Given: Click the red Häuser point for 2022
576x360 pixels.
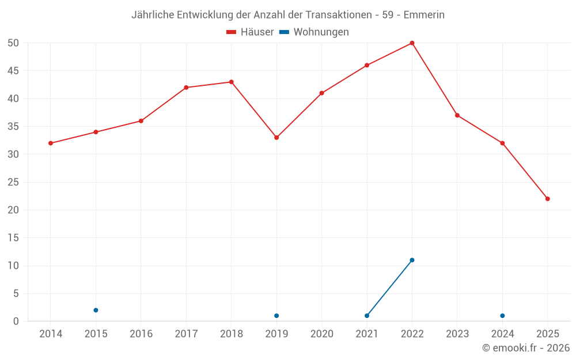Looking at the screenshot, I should [x=412, y=43].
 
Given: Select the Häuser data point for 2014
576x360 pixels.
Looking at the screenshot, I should [x=51, y=143].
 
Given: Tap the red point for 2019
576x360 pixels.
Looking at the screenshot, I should [x=276, y=138].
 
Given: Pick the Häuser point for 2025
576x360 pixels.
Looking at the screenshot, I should [x=548, y=199].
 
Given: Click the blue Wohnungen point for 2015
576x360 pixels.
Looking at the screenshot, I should [x=96, y=310].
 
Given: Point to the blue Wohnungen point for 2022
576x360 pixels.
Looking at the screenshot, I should [x=412, y=260].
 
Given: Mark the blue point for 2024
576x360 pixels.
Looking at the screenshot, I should [x=502, y=316].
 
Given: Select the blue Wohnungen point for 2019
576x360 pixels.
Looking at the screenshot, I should [x=276, y=316].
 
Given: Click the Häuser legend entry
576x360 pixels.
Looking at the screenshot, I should [x=250, y=32].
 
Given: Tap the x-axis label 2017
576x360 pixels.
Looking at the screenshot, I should [x=186, y=334].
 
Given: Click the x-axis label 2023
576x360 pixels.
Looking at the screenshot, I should [x=457, y=334].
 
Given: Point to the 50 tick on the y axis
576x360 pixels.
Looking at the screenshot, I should [x=14, y=43].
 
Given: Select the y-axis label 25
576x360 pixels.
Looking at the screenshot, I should [x=14, y=182].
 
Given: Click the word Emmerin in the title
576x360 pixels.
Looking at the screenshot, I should [x=424, y=15].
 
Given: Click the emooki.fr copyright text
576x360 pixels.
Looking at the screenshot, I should [x=526, y=348].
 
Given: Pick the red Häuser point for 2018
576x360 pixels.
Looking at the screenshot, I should [x=232, y=82].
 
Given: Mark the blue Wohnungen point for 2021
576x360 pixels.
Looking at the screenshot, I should [x=367, y=316].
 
